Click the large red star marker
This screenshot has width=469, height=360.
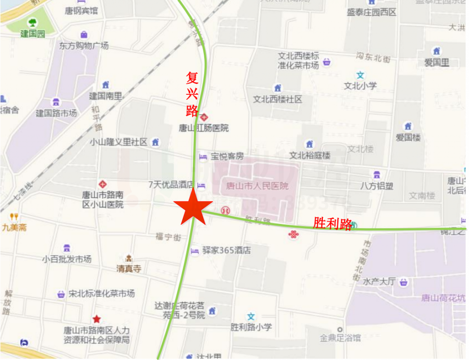tap(193, 207)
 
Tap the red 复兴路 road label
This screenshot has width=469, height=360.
tap(192, 94)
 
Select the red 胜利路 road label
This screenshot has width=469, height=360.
tap(333, 224)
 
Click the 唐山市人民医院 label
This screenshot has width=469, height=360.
tap(257, 186)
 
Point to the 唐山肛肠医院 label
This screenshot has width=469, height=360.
tap(204, 128)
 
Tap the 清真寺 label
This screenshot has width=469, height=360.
tap(129, 269)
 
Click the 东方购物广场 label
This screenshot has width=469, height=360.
tap(84, 46)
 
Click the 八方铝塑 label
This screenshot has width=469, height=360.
tap(376, 186)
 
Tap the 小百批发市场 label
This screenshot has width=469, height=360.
tap(67, 259)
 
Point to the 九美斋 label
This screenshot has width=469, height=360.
tap(14, 227)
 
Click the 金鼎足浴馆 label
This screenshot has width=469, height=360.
tap(340, 338)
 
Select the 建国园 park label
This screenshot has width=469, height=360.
tap(33, 34)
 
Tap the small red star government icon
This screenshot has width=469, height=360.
tap(97, 319)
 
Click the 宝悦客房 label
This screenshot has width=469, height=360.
tap(227, 157)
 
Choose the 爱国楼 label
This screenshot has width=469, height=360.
tap(408, 137)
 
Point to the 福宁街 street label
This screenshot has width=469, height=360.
tap(168, 236)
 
